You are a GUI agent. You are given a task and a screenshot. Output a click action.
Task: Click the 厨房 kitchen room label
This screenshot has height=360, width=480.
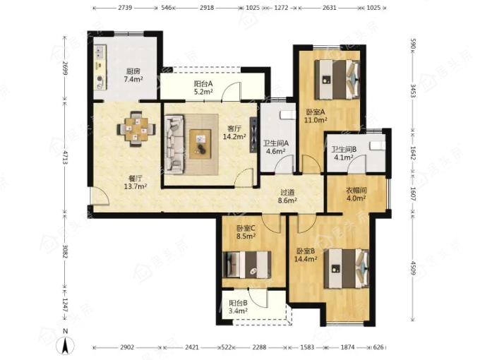tap(133, 71)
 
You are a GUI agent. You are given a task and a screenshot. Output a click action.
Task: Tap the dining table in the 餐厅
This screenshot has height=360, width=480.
tap(136, 129)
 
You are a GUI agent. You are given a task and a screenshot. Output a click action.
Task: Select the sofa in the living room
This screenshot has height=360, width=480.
tap(174, 144)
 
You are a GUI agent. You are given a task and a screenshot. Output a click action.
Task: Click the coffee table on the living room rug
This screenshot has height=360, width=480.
tap(200, 144)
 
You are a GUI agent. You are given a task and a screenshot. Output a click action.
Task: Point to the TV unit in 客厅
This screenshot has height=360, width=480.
tap(253, 135)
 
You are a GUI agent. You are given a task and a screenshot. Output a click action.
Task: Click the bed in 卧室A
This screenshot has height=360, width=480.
tap(337, 80)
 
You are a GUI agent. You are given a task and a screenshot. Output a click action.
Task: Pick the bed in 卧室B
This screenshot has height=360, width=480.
tap(347, 268)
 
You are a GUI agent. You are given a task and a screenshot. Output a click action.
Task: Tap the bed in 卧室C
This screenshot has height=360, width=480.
tap(247, 265)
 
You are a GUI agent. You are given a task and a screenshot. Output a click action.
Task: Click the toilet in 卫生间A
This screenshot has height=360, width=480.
tap(288, 115)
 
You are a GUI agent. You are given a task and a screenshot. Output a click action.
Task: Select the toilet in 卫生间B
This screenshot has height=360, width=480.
tap(378, 145)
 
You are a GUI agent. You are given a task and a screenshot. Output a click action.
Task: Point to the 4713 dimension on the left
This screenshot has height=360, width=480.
tap(65, 157)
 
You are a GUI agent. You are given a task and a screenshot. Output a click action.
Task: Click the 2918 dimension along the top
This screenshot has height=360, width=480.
tap(207, 8)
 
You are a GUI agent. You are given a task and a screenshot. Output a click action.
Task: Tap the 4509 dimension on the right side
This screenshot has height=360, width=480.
tap(413, 268)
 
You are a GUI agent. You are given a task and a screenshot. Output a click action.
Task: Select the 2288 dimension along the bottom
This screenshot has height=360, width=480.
tap(259, 347)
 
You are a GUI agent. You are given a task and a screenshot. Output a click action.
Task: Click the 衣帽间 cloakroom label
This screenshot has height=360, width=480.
tap(356, 190)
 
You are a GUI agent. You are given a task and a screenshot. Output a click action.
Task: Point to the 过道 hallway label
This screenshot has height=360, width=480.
tap(287, 193)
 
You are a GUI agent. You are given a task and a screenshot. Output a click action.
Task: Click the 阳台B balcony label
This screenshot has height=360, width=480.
tap(238, 303)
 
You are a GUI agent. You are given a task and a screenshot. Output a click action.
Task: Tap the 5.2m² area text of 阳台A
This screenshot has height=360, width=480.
tap(203, 92)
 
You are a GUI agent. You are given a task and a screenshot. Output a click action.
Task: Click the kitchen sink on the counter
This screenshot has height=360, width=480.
tap(100, 52)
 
